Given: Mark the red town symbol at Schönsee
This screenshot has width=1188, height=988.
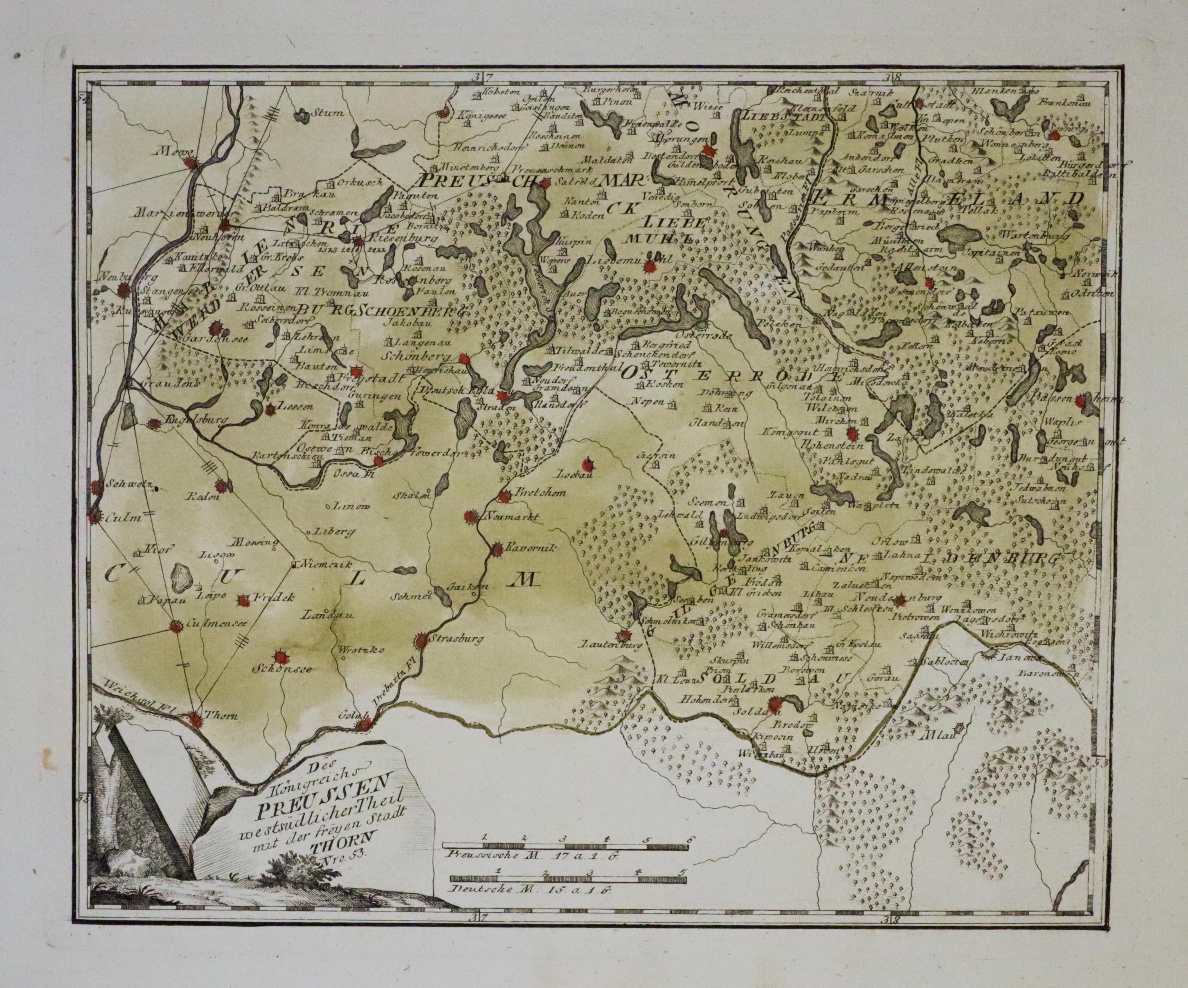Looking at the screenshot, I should coord(280,657).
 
